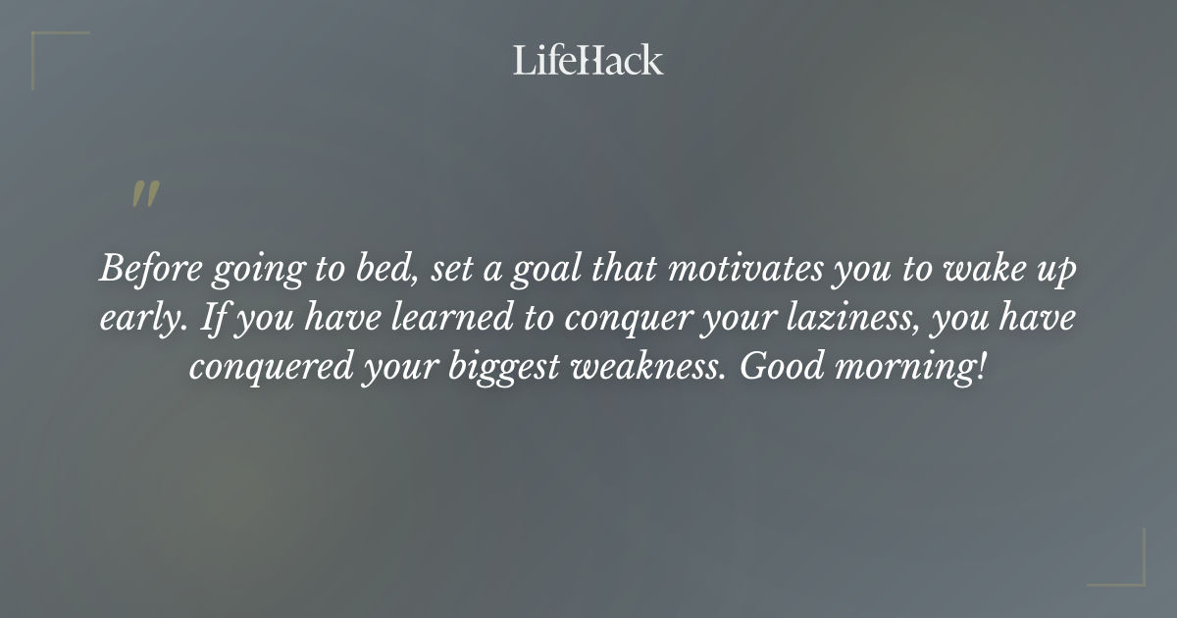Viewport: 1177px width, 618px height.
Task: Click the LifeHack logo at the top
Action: coord(588,60)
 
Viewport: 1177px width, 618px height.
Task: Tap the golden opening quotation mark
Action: coord(145,195)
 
